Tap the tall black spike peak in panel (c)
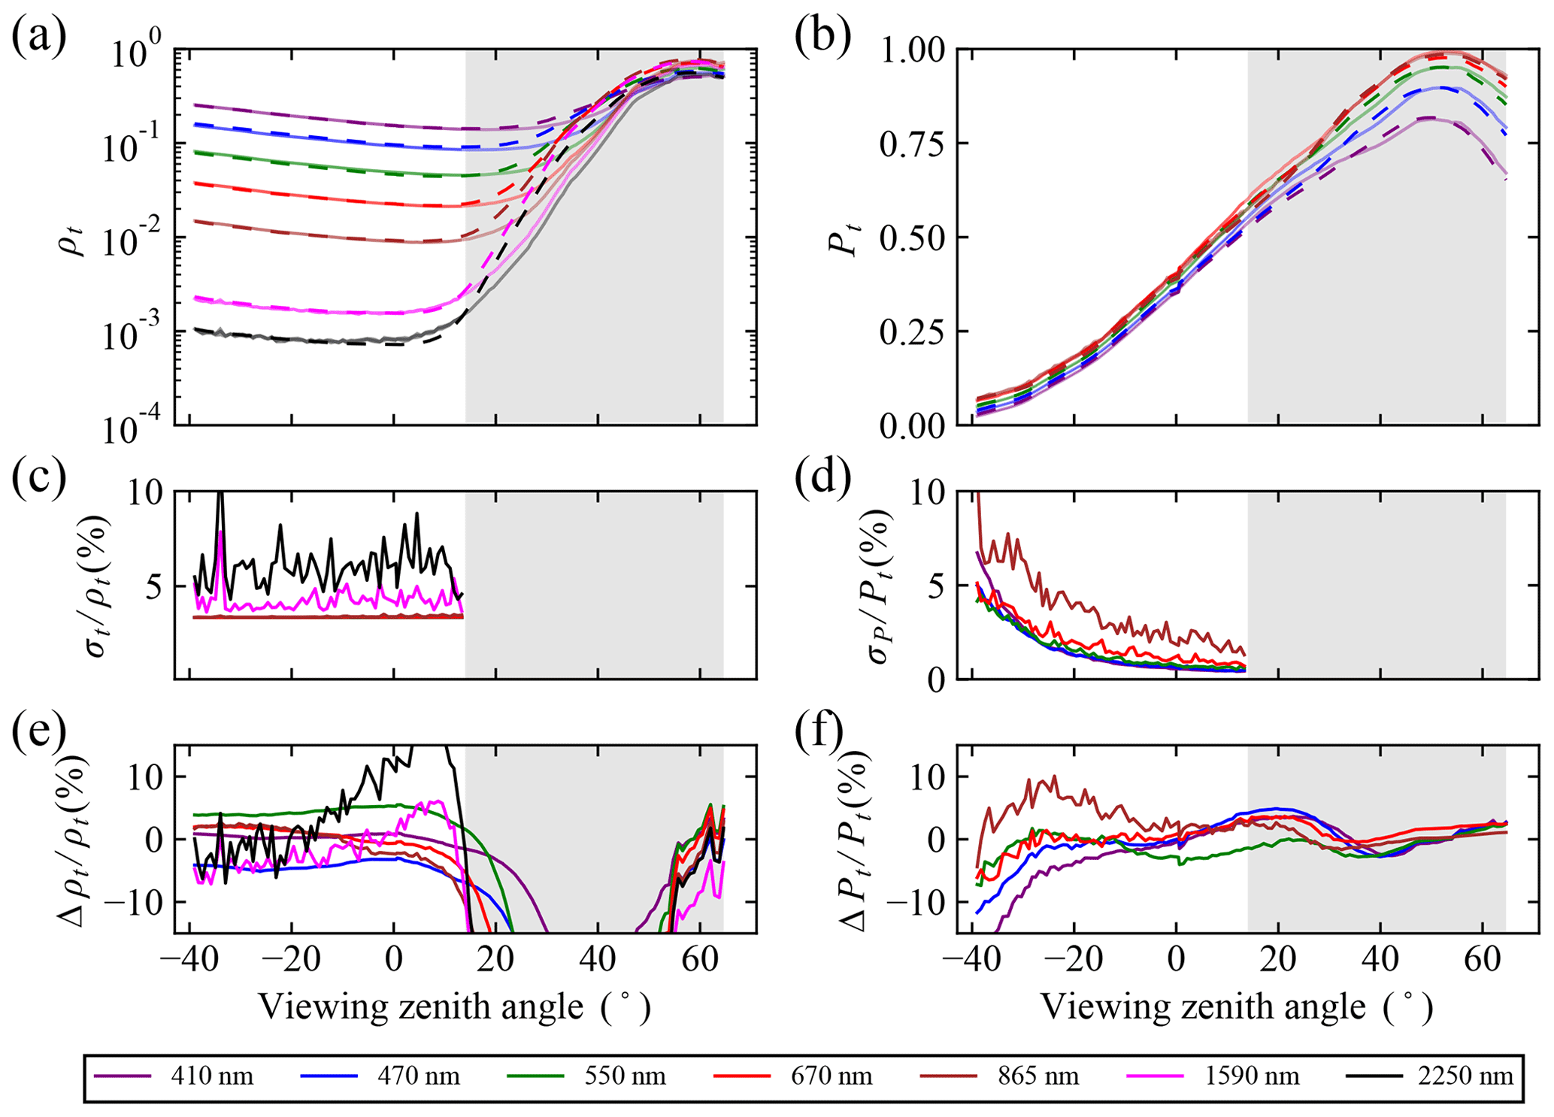[220, 494]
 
